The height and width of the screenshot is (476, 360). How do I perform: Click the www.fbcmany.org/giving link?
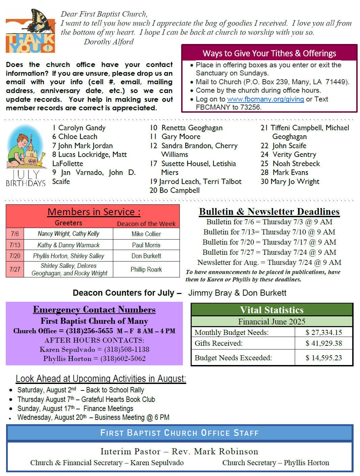[x=265, y=99]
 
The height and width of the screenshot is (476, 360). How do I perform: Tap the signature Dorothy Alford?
[x=109, y=42]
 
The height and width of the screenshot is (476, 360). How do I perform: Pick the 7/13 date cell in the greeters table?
[x=15, y=245]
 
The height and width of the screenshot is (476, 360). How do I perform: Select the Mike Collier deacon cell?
[x=146, y=234]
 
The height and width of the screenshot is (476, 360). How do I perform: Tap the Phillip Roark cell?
[x=146, y=269]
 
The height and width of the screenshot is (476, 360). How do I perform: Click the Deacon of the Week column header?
[x=146, y=224]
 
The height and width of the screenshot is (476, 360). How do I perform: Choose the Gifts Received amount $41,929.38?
[x=323, y=343]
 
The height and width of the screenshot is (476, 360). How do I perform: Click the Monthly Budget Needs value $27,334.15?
[x=323, y=333]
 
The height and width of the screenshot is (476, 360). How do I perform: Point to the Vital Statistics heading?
[x=271, y=310]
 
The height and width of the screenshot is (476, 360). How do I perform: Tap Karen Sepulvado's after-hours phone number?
[x=126, y=349]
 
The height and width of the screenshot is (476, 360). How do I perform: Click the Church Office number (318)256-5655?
[x=89, y=331]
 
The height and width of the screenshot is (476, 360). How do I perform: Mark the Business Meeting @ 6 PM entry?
[x=132, y=417]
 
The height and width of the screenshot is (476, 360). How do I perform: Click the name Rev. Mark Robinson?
[x=215, y=452]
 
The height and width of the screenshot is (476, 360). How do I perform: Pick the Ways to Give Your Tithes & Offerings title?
[x=269, y=53]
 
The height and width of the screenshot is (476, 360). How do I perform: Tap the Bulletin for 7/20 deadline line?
[x=269, y=242]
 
